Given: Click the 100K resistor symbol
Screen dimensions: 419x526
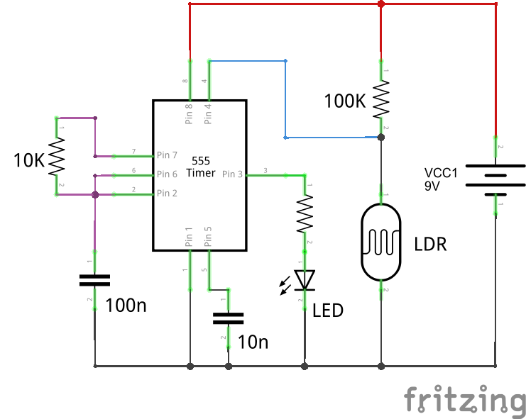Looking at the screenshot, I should coord(381,100).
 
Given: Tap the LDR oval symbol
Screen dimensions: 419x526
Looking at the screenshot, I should coord(381,242).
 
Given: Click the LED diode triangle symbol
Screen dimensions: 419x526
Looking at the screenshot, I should coord(305,280).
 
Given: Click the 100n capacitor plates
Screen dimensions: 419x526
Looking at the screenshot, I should coord(94,279).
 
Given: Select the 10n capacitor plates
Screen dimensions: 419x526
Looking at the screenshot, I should coord(229,318).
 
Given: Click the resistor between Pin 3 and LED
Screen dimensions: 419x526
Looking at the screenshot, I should coord(305,213).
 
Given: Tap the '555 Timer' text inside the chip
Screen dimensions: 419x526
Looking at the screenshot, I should coord(199,167).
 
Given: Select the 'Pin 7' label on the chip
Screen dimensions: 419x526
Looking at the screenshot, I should coord(168,155).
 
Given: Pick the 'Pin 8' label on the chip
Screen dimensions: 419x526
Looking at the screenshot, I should coord(189,114).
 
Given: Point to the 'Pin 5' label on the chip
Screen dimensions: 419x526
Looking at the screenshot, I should coord(208,237).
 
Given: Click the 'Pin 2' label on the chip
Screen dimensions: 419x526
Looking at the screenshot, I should coord(168,193).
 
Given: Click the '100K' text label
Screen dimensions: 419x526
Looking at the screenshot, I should coord(344,101).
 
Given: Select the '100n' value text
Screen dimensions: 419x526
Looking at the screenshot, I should coord(126,306).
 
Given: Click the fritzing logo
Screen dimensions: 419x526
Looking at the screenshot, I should coord(464,401).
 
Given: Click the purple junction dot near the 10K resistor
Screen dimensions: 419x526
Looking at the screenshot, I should coord(94,194).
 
